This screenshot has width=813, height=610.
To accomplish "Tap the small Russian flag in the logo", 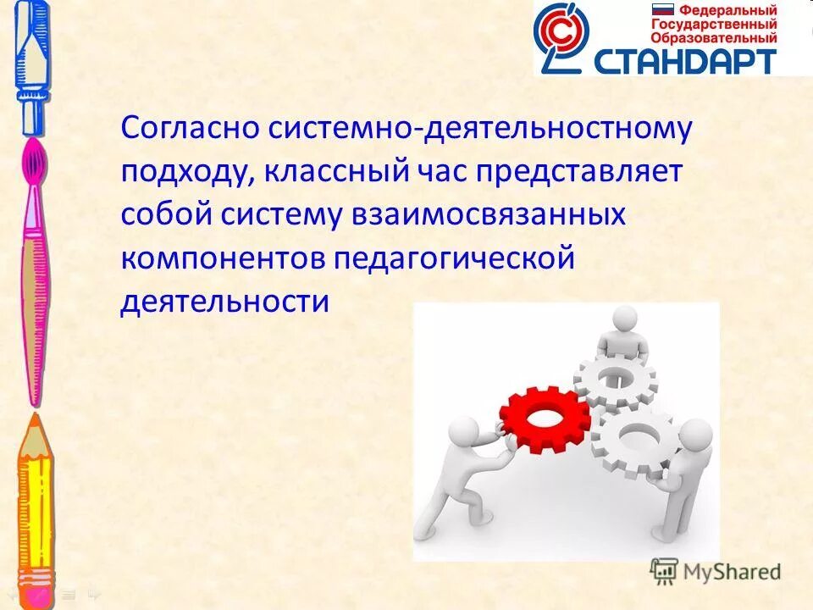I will click(661, 10).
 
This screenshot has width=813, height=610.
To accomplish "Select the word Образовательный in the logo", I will click(713, 38).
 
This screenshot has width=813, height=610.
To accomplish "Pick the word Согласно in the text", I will click(190, 129).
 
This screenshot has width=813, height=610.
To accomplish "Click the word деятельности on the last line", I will click(224, 302).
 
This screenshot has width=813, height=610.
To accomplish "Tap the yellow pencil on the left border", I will click(35, 500).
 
